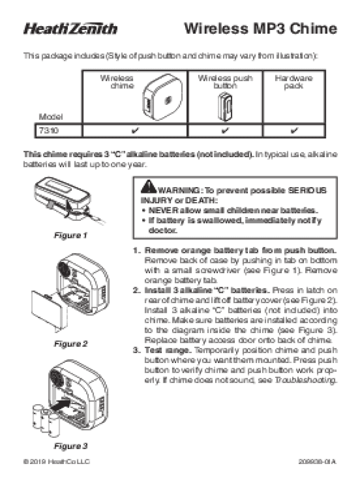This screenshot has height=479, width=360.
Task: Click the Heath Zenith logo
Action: (x=71, y=29)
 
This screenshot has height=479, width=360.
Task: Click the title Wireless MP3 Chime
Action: (x=260, y=29)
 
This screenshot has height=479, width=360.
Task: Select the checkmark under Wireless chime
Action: (x=134, y=131)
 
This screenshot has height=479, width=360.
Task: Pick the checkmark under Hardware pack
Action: (x=294, y=131)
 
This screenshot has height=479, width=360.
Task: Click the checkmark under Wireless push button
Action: (x=225, y=131)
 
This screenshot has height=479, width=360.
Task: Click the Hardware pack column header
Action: (x=294, y=82)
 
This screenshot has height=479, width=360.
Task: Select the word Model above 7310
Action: (x=50, y=117)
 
